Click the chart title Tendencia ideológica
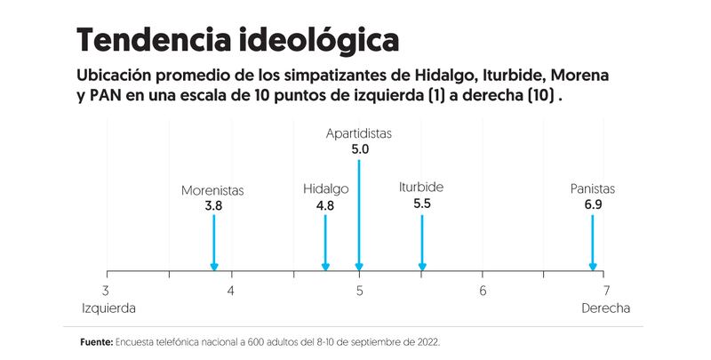pos(237,40)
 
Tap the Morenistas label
pos(212,190)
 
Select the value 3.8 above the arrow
pos(213,205)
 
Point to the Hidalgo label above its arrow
pos(325,190)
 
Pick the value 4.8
pos(325,205)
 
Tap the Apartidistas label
pos(359,134)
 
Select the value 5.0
pos(360,149)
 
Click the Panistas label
pos(593,189)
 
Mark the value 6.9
pos(593,205)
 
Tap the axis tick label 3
pos(107,291)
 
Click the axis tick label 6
pos(483,291)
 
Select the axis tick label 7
pos(607,291)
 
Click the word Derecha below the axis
pos(605,309)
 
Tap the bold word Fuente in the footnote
pos(96,341)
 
